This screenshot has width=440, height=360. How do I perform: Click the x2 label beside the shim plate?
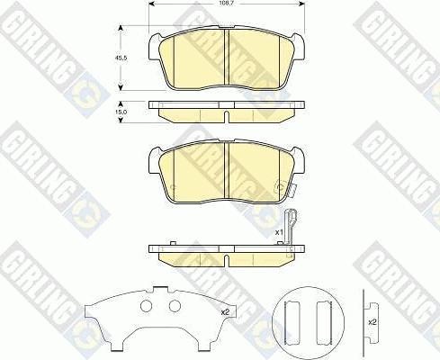(224, 311)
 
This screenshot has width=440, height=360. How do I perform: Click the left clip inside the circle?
(290, 320)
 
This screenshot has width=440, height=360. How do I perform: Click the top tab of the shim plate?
(159, 290)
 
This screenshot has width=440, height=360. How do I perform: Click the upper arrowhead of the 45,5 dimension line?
(121, 27)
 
